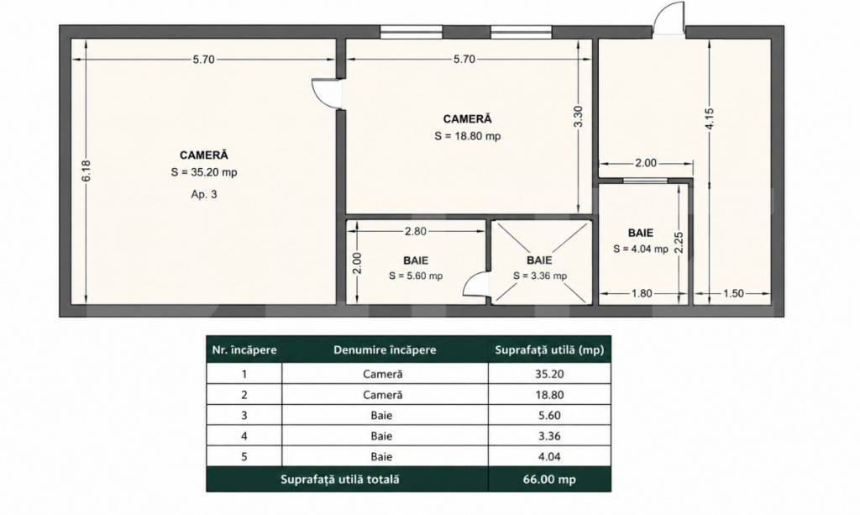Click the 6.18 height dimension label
[87, 171]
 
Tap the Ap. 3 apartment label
[204, 194]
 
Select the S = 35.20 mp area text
[204, 172]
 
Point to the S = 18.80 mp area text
[467, 136]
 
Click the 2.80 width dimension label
[415, 231]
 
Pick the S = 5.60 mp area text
[416, 276]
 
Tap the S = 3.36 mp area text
[540, 276]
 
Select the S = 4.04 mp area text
[641, 249]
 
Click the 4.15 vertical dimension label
[709, 119]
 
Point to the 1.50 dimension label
[733, 293]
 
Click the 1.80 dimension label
[642, 293]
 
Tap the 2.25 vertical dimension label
[679, 243]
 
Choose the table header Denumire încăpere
[385, 350]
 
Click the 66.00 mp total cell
[549, 480]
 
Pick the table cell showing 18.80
[549, 395]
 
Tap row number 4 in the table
[244, 437]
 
